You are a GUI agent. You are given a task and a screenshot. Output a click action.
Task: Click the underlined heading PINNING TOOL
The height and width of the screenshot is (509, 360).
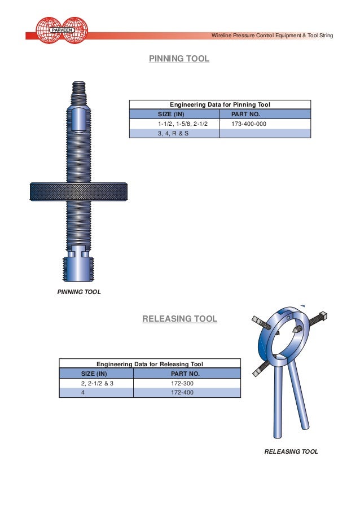click(x=179, y=59)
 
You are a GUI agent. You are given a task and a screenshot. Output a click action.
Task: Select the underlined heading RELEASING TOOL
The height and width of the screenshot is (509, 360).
click(x=179, y=319)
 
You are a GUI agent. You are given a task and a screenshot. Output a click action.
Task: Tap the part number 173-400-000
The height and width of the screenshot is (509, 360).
click(x=249, y=124)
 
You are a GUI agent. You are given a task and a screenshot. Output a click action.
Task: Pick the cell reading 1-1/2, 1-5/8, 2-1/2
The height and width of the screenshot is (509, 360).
click(x=178, y=124)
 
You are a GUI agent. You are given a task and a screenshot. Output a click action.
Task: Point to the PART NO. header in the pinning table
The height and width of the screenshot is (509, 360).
click(x=246, y=114)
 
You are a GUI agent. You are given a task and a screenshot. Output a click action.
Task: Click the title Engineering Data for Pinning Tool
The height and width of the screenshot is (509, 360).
click(x=220, y=104)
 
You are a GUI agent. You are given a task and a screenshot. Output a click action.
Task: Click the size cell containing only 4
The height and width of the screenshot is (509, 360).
click(x=83, y=393)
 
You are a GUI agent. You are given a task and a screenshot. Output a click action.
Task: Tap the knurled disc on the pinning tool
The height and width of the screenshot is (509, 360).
click(x=78, y=191)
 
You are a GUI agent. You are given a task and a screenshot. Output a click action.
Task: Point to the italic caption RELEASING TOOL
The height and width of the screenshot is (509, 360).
click(x=291, y=451)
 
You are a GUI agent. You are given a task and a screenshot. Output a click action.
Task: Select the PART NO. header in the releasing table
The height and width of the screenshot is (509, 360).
click(x=184, y=374)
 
